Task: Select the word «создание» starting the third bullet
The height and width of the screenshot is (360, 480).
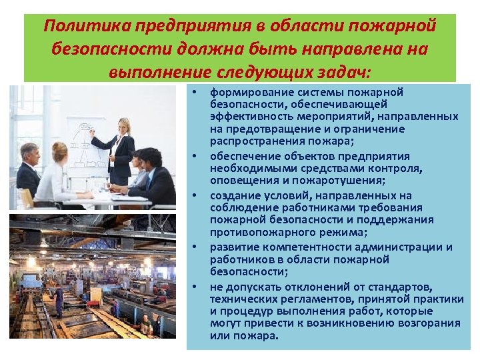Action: click(x=232, y=196)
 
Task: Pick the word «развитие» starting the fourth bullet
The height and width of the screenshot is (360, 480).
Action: click(x=233, y=247)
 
